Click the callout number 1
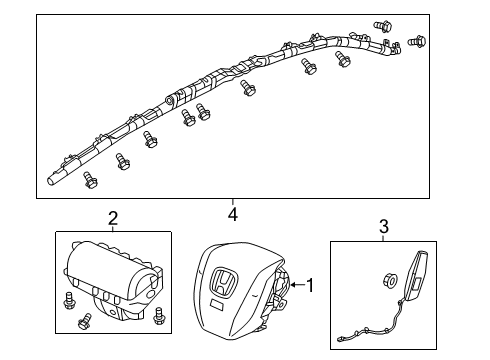pos(311,287)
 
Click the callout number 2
pos(113,218)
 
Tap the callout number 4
pos(233,214)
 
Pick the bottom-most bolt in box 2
pos(84,325)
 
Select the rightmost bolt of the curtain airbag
pos(418,42)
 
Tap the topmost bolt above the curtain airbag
pos(381,25)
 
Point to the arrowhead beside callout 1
pos(294,287)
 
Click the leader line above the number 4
pos(233,203)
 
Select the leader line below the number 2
pos(113,227)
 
